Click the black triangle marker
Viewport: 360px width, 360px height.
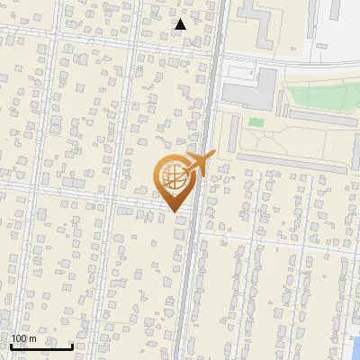click(180, 24)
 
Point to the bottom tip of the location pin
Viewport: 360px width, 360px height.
click(175, 213)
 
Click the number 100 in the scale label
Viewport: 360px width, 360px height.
click(18, 338)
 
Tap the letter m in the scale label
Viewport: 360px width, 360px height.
click(32, 338)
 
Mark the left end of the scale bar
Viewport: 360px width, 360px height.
click(12, 346)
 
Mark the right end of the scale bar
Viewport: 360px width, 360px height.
click(73, 346)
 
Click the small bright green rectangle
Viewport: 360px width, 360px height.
click(256, 121)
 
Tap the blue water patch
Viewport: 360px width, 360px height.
click(355, 346)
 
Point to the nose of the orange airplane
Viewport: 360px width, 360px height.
click(213, 157)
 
